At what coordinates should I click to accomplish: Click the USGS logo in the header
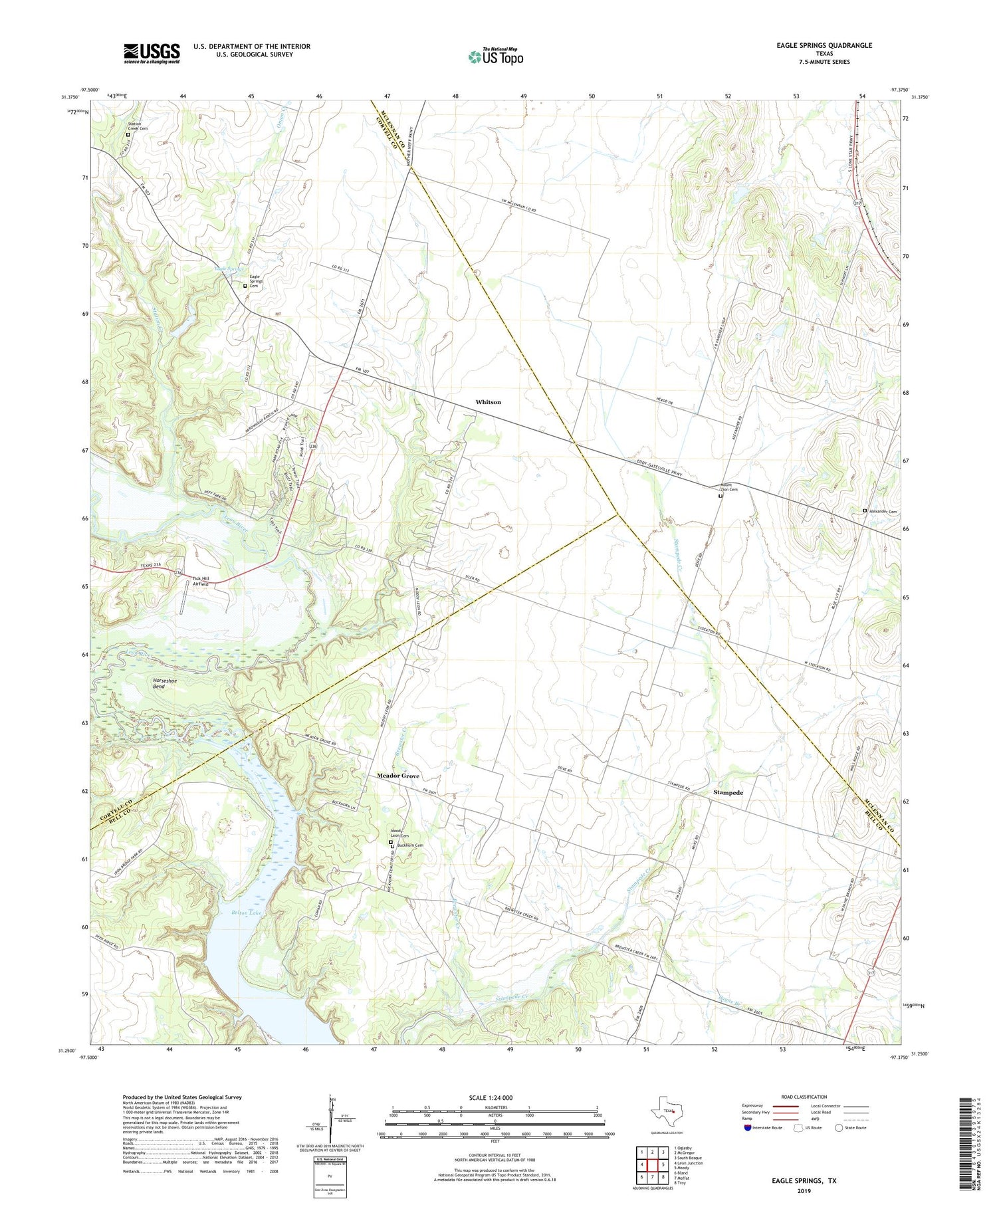pos(152,53)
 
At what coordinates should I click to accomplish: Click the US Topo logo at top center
pos(495,56)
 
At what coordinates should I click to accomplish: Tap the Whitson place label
pos(488,402)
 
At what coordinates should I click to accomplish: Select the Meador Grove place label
pos(398,776)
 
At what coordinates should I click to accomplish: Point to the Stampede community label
pos(728,793)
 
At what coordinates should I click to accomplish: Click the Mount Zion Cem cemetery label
pos(728,488)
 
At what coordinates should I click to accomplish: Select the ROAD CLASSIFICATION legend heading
pos(804,1097)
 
